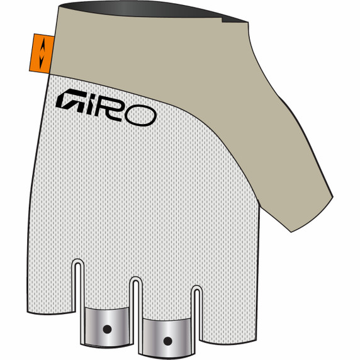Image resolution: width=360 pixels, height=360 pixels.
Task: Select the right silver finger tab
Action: [167, 334]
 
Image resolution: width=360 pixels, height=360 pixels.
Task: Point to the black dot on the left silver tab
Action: [106, 328]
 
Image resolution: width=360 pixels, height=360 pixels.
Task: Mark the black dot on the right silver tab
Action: [167, 340]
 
